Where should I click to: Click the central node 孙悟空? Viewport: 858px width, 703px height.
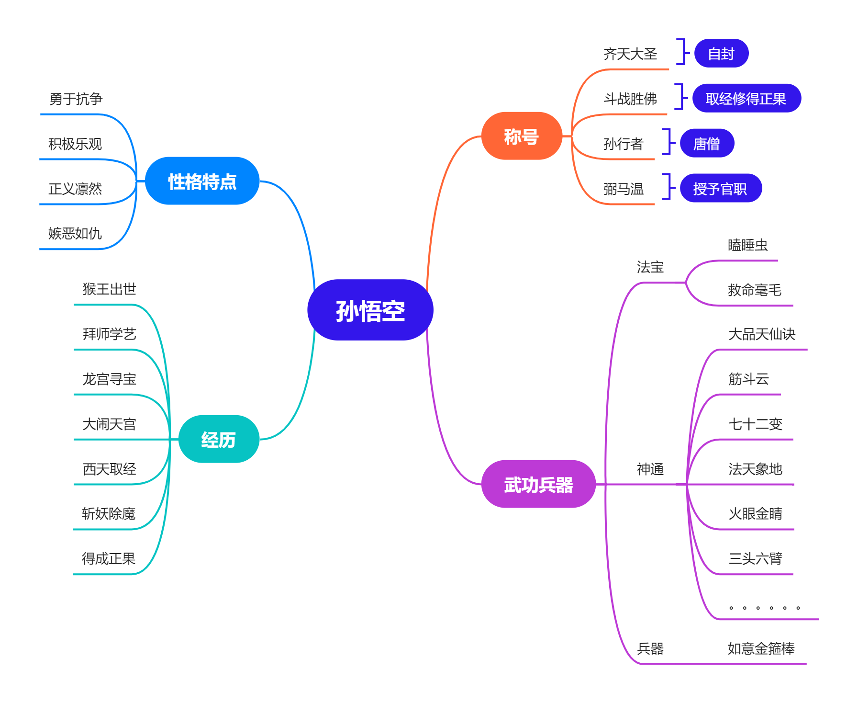coord(370,310)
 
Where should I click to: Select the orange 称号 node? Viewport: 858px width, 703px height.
coord(521,136)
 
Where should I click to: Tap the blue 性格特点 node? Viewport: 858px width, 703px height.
coord(202,181)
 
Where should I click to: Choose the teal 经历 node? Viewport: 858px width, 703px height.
coord(219,439)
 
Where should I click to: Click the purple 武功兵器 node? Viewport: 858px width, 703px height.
coord(538,484)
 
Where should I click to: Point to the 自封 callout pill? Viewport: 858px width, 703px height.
coord(721,53)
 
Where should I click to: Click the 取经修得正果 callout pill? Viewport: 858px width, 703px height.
coord(746,98)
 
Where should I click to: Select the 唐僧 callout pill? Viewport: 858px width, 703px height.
coord(706,143)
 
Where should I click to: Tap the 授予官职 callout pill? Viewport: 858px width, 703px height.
coord(720,188)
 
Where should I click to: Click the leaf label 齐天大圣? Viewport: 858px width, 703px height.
coord(630,54)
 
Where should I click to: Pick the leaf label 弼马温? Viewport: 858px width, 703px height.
coord(623,189)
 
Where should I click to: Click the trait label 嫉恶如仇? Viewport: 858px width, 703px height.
coord(75,233)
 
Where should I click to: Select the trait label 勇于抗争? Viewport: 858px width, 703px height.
coord(76,99)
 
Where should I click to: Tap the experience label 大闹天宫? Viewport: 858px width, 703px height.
coord(109,424)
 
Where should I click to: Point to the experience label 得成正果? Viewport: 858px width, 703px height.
coord(109,558)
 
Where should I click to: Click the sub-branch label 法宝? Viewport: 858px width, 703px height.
coord(650,267)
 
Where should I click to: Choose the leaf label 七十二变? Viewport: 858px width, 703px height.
coord(755,424)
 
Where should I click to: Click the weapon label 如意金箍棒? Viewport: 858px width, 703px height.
coord(760,648)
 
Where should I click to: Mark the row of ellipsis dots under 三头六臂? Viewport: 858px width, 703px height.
coord(764,608)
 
